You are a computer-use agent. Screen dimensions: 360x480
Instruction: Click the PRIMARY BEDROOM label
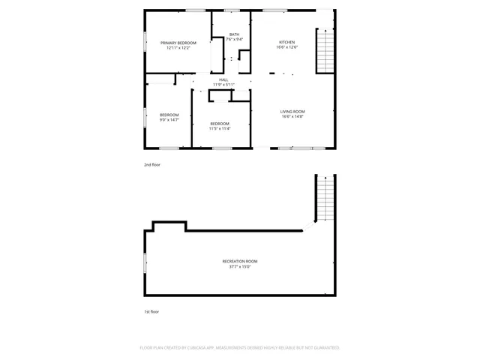coord(178,43)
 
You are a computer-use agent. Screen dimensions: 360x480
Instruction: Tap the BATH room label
coord(234,34)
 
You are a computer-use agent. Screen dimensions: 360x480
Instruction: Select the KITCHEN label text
coord(286,42)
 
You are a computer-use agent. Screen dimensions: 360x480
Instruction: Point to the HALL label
coord(223,79)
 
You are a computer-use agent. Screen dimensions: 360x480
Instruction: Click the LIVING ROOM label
coord(292,111)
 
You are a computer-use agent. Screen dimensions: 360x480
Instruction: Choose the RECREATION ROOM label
coord(240,260)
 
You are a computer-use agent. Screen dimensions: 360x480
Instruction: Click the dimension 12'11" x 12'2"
coord(178,48)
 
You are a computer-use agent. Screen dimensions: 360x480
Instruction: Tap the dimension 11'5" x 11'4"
coord(220,128)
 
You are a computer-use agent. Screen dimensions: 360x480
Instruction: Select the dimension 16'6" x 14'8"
coord(292,116)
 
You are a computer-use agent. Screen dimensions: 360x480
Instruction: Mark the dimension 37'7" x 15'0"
coord(240,265)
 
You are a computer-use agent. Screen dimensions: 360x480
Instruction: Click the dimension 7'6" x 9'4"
coord(234,39)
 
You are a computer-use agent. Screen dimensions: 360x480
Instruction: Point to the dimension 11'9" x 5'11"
coord(223,85)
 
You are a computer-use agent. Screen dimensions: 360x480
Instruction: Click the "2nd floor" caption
coord(151,164)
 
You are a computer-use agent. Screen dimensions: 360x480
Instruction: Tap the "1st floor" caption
coord(151,311)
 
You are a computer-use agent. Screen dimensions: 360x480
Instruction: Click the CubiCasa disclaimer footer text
coord(240,348)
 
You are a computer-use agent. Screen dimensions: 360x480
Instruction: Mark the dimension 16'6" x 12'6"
coord(286,47)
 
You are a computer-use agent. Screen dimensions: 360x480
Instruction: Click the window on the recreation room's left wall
coord(145,262)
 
